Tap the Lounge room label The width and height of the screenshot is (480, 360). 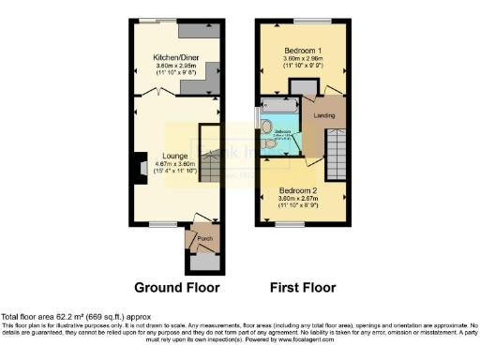tap(175, 156)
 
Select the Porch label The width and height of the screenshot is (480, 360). tap(204, 239)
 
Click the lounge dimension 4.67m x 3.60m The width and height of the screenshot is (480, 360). tap(175, 164)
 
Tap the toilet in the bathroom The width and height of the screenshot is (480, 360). tap(268, 127)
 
